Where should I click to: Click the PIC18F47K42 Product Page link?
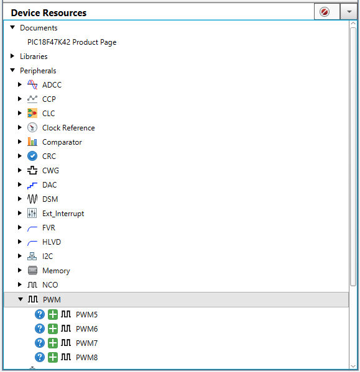[72, 42]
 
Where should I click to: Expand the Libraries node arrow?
[12, 57]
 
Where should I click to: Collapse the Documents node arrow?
[12, 27]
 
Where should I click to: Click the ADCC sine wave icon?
[32, 84]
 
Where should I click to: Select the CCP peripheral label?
[49, 99]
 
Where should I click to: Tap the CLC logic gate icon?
[32, 113]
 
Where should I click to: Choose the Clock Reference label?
[68, 128]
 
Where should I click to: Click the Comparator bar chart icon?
[32, 142]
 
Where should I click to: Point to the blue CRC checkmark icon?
[32, 156]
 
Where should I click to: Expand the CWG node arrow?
[20, 170]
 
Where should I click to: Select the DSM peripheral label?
[50, 199]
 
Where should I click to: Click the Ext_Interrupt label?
[63, 214]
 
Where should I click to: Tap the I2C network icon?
[32, 256]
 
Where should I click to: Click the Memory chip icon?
[32, 270]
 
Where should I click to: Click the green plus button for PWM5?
[53, 315]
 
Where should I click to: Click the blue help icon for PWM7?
[40, 343]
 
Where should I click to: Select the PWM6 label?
[86, 329]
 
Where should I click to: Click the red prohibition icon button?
[325, 12]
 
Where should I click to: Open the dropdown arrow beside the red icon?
[349, 12]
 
